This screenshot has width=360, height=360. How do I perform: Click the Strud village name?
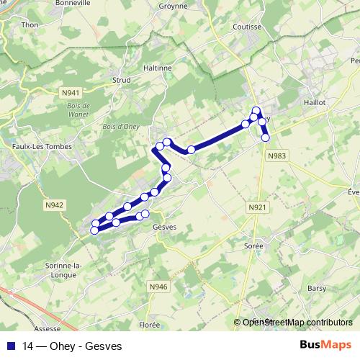[121, 81]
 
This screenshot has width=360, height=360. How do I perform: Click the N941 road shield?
[71, 93]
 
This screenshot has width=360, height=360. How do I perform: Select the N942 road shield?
[53, 205]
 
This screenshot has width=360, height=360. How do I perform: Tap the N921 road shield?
[256, 208]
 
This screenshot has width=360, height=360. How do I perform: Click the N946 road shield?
[158, 287]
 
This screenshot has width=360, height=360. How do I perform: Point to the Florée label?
[150, 325]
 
